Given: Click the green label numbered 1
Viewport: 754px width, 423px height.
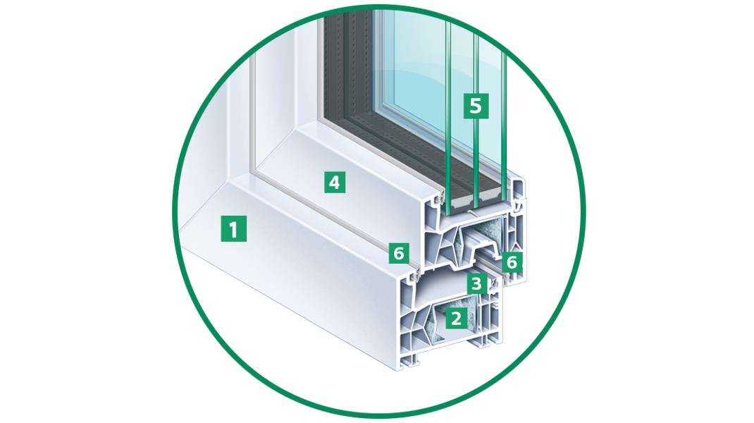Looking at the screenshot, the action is [234, 228].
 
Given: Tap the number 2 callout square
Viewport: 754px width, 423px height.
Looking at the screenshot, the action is [457, 318].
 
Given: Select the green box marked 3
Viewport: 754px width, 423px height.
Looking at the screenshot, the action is [476, 283].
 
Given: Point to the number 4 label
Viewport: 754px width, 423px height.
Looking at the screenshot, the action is [335, 182].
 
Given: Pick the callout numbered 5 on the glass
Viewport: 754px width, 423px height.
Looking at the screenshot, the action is [476, 105].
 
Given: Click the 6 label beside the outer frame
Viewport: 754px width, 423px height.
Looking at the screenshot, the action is [399, 252].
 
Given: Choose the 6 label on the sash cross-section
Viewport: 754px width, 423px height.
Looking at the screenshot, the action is [512, 262].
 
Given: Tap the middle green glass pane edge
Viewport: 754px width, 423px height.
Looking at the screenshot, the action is [476, 121].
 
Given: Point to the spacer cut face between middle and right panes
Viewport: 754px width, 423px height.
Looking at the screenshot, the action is [490, 198].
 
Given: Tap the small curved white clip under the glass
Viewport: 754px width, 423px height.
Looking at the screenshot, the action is [474, 211].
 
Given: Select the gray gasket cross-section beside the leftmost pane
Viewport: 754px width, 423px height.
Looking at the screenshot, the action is [439, 197].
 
